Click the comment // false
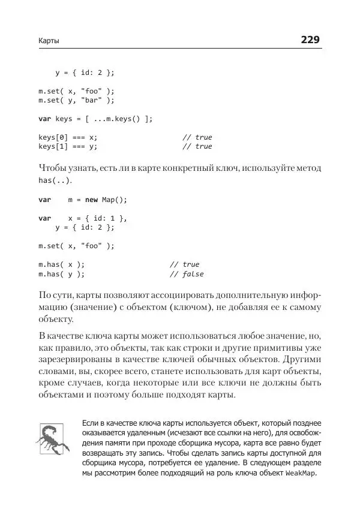(186, 274)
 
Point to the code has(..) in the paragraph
(55, 180)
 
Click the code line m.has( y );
(62, 274)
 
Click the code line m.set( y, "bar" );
(76, 100)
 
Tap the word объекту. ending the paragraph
(56, 320)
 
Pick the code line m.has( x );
(62, 264)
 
